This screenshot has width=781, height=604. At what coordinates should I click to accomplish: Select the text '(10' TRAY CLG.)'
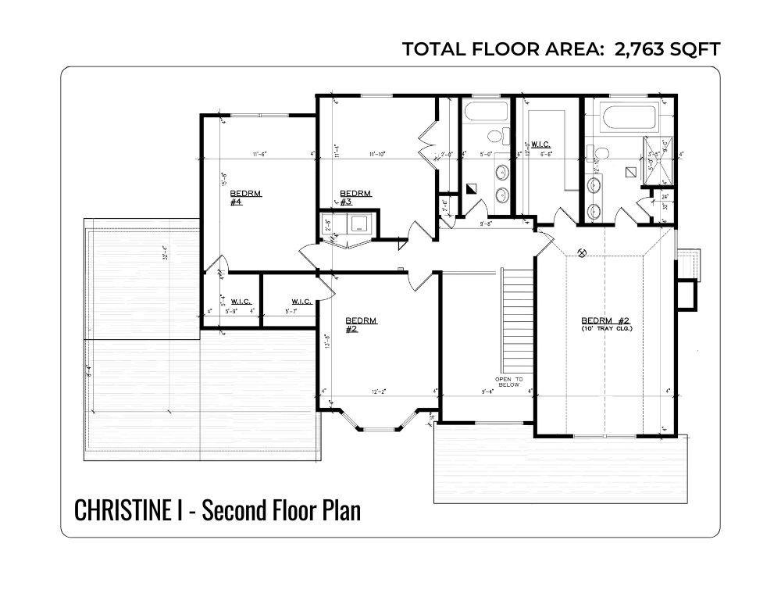coord(606,329)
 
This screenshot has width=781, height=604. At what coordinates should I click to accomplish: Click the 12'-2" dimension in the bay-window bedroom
coord(378,391)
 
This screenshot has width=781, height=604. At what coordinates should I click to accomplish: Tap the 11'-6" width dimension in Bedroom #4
coord(260,154)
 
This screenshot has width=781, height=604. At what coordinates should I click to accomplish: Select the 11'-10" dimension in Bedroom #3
coord(376,154)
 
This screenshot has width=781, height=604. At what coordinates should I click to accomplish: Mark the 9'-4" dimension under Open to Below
coord(488,391)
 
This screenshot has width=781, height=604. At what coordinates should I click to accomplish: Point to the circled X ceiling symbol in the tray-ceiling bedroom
coord(582,252)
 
